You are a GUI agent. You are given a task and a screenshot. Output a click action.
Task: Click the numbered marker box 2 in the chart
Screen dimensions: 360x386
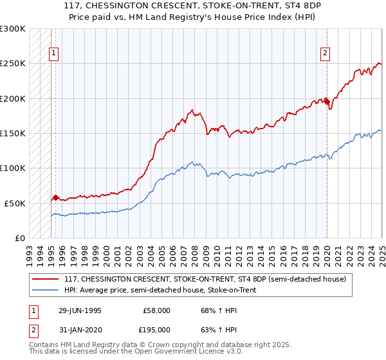pos(326,53)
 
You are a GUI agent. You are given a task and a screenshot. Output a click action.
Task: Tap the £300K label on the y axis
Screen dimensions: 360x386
pos(12,29)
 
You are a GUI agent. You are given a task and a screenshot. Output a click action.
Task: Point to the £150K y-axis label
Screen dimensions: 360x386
pos(12,133)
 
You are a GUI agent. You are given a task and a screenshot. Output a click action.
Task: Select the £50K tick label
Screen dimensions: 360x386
pos(15,203)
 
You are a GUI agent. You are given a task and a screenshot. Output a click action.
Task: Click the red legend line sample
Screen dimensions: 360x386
pos(46,279)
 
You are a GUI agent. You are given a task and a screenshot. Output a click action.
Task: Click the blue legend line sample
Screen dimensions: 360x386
pos(46,290)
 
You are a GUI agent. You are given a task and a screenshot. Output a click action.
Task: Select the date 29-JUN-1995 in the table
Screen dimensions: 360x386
pos(81,310)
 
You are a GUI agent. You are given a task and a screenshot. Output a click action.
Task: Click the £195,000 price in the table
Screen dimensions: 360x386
pos(157,329)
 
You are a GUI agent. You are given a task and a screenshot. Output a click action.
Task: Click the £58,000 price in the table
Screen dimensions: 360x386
pos(157,310)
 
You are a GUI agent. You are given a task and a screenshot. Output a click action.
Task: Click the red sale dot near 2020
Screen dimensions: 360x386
pos(327,101)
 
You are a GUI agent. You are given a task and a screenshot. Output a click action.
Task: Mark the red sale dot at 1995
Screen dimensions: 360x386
pos(55,197)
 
